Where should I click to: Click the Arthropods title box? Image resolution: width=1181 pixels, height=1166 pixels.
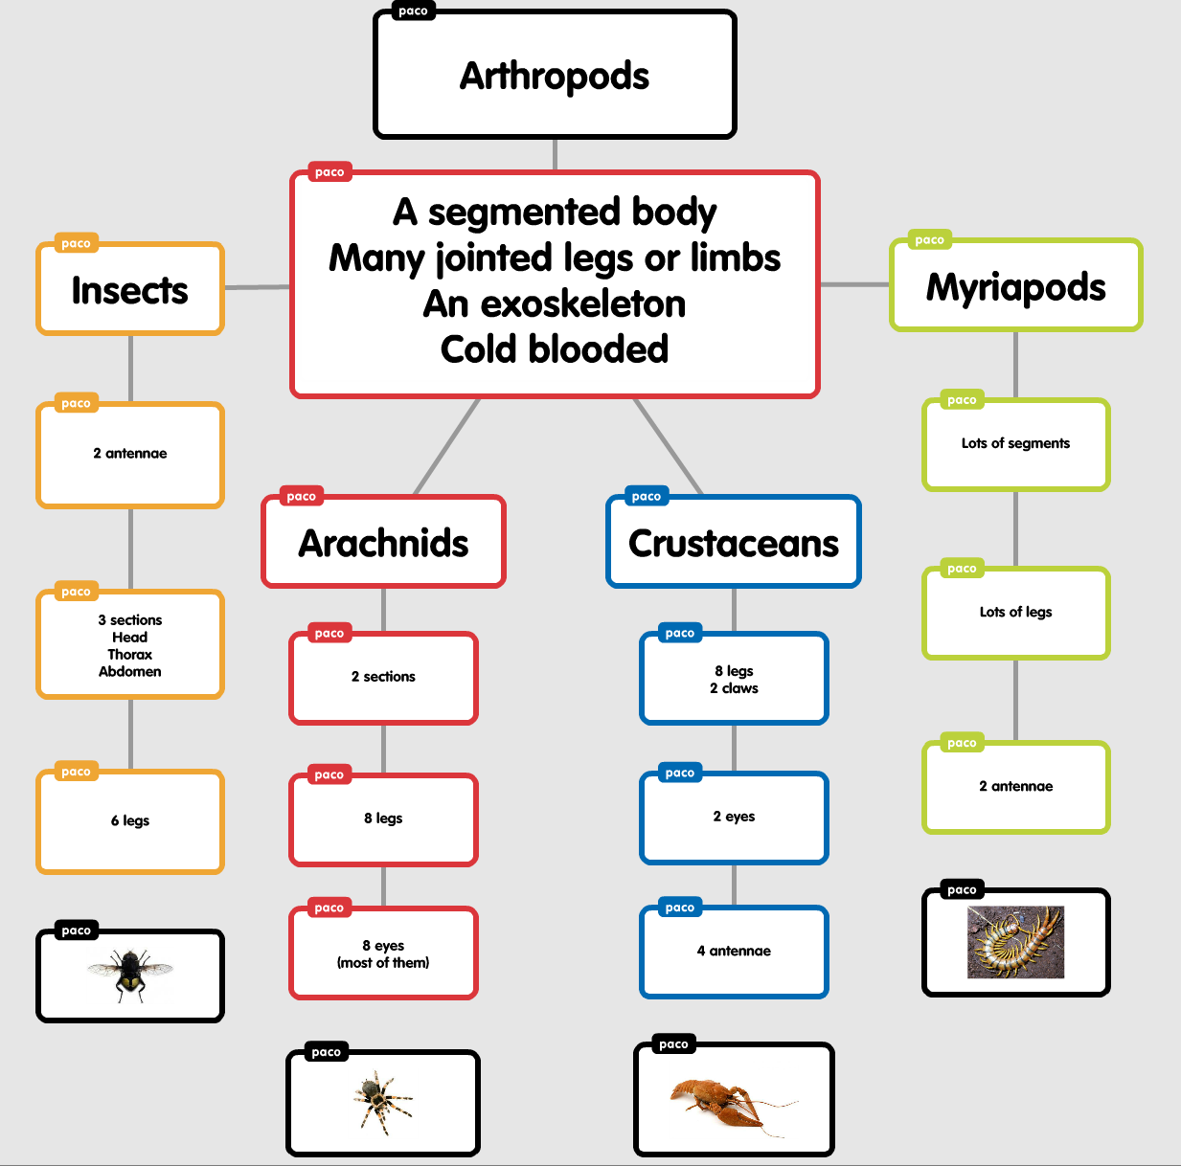[x=555, y=75]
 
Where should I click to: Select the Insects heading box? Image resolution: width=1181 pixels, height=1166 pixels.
[x=130, y=289]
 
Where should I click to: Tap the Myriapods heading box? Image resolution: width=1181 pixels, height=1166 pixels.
[x=1015, y=286]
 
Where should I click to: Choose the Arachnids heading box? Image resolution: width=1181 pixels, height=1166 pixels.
[x=383, y=542]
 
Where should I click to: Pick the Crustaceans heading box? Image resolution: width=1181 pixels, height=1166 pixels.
[x=734, y=542]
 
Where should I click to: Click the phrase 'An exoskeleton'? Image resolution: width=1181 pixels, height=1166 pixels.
[x=555, y=303]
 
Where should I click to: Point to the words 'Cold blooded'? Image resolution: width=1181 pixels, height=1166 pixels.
[x=555, y=349]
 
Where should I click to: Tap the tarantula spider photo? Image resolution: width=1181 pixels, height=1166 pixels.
[x=383, y=1103]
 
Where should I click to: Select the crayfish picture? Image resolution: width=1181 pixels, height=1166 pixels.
[x=733, y=1101]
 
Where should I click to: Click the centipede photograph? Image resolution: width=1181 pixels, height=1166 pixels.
[x=1015, y=942]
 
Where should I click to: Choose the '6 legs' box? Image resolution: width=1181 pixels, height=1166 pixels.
[x=130, y=820]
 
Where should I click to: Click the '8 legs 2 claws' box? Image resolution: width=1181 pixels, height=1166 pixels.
[x=734, y=679]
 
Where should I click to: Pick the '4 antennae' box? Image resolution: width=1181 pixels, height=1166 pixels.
[x=734, y=951]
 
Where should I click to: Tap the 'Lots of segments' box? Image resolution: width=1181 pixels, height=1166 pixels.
[x=1015, y=443]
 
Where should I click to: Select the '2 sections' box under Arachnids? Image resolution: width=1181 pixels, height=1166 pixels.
[x=383, y=677]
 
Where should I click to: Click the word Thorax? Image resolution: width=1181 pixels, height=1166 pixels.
[x=130, y=655]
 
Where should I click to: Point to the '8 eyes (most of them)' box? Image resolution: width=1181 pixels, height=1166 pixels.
[x=383, y=953]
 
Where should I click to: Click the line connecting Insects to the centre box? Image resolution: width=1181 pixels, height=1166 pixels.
[x=257, y=286]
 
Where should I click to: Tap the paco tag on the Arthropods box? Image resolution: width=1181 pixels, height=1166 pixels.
[x=413, y=11]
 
